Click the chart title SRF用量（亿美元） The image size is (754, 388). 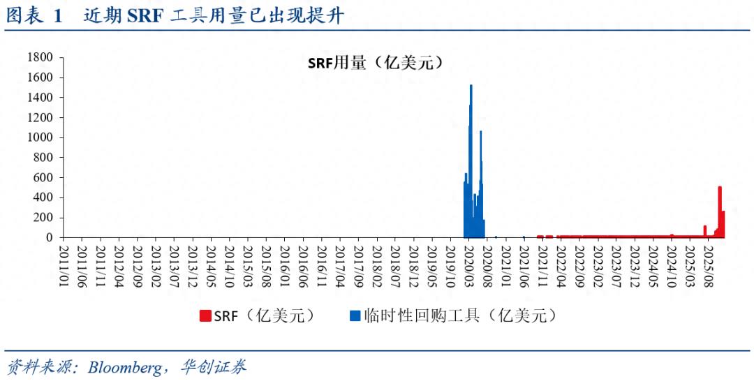(x=376, y=63)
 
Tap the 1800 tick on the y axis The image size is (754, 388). (x=40, y=57)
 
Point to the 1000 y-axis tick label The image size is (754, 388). (x=40, y=137)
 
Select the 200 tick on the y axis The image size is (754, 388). (x=44, y=218)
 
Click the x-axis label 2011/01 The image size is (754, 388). (x=64, y=264)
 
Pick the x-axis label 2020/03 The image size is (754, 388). (x=470, y=264)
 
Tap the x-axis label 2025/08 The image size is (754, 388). (x=709, y=264)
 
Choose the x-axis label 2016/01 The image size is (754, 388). (x=285, y=264)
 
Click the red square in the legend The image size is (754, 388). (x=205, y=316)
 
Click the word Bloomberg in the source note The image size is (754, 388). (x=125, y=368)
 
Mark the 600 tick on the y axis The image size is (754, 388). (x=44, y=177)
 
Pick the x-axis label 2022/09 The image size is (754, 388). (x=580, y=264)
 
